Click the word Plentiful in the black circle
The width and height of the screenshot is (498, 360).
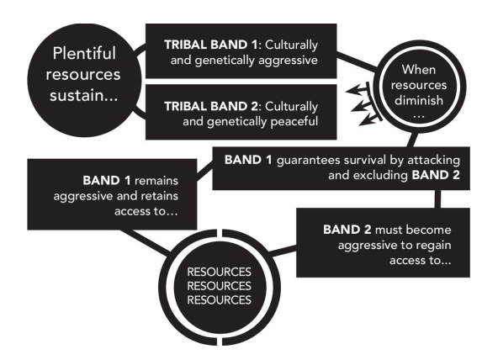(x=84, y=53)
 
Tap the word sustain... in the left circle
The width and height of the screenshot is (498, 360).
(x=83, y=95)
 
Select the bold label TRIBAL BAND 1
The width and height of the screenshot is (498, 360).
(x=210, y=45)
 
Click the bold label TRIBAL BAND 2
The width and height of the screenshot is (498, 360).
(x=211, y=106)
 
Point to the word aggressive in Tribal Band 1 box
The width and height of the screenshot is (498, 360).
(x=288, y=61)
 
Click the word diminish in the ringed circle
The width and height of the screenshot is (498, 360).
(x=419, y=100)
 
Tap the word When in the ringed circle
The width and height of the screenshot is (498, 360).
(x=419, y=70)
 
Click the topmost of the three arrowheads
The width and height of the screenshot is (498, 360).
(x=353, y=91)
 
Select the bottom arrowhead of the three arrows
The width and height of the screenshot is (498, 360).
(x=367, y=121)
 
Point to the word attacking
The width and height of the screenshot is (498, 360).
(x=433, y=161)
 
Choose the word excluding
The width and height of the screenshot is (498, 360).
(x=380, y=175)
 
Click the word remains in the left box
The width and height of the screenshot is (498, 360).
(x=156, y=181)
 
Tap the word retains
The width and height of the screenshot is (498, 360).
(x=160, y=196)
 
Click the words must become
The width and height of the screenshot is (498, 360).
(x=413, y=230)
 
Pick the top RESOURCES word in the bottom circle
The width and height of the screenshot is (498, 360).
(x=220, y=272)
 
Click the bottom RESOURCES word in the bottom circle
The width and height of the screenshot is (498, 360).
(x=220, y=300)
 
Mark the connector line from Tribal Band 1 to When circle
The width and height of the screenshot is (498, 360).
(x=358, y=61)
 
